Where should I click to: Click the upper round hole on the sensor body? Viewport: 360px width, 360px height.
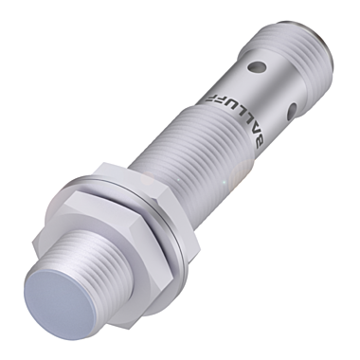[256, 67]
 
